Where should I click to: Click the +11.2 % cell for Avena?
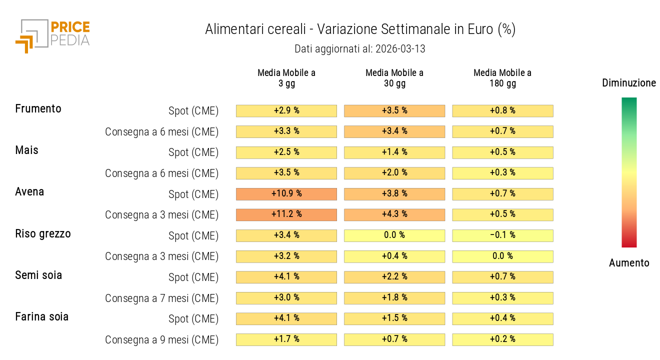(x=286, y=214)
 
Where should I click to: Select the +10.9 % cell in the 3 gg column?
(x=286, y=193)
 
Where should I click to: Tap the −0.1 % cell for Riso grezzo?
(x=502, y=235)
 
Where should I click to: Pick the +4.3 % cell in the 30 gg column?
(x=394, y=214)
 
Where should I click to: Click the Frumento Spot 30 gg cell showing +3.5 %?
(x=394, y=110)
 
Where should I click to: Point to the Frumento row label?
(x=38, y=109)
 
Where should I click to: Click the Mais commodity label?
(x=27, y=150)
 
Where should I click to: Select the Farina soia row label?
(x=42, y=317)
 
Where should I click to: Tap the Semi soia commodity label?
(x=38, y=275)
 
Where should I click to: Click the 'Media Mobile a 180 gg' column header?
(x=502, y=78)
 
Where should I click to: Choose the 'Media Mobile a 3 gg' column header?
(x=286, y=78)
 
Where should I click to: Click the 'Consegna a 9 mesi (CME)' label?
(x=161, y=340)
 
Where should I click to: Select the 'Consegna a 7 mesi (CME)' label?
(x=161, y=298)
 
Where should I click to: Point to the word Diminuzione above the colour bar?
(x=629, y=83)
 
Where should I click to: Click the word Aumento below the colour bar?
(x=629, y=263)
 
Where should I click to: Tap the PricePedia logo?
(x=52, y=35)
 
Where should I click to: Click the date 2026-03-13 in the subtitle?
(x=400, y=49)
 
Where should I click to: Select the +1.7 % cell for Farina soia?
(x=286, y=339)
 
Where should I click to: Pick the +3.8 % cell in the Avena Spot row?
(x=394, y=193)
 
